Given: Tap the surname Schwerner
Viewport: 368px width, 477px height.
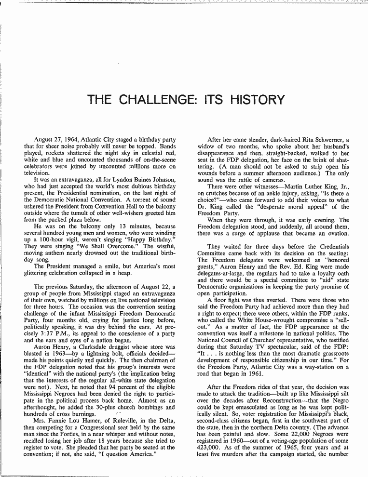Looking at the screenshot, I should coord(326,140).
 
